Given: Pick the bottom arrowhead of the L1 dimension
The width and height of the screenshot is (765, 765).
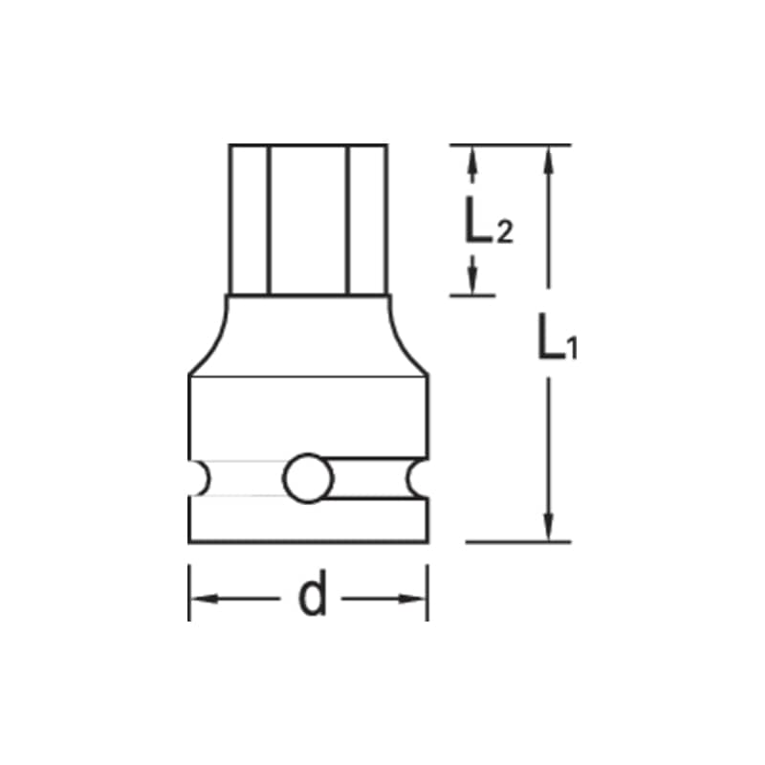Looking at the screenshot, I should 548,527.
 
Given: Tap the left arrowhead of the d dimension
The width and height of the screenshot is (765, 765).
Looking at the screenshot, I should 202,600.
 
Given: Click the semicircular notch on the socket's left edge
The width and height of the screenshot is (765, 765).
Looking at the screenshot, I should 198,477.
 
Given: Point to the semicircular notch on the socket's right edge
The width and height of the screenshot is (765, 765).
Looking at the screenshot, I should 418,477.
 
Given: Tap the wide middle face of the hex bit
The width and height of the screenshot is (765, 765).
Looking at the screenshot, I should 308,220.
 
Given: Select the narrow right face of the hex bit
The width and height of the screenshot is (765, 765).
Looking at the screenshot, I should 368,220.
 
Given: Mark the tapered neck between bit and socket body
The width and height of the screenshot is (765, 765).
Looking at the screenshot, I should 308,335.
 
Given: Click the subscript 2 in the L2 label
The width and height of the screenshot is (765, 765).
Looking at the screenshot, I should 505,231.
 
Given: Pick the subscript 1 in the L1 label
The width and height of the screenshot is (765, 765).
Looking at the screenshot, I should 571,350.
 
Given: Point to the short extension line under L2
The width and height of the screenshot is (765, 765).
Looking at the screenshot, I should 473,295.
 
